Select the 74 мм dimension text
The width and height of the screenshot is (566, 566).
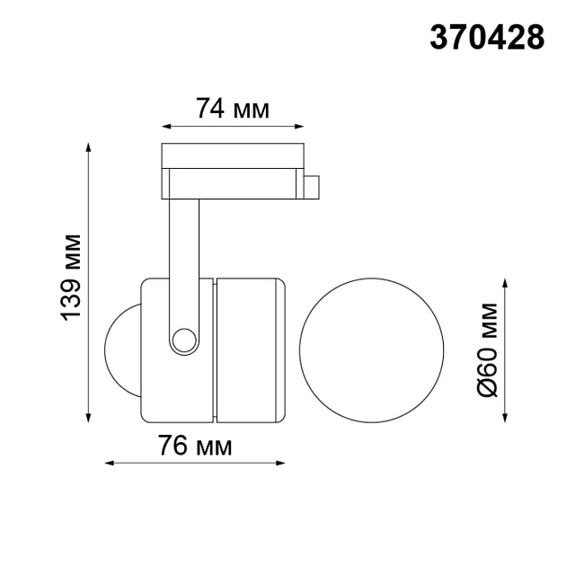coord(233,110)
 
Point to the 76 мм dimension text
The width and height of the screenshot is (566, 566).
coord(195,447)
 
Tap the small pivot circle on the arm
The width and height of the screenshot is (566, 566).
coord(184,340)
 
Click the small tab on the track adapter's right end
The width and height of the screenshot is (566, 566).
coord(312,186)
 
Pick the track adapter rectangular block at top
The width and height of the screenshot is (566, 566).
coord(233,170)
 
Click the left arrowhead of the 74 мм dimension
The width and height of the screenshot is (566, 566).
coord(165,127)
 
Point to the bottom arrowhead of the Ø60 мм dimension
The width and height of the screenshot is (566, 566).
coord(507,417)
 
